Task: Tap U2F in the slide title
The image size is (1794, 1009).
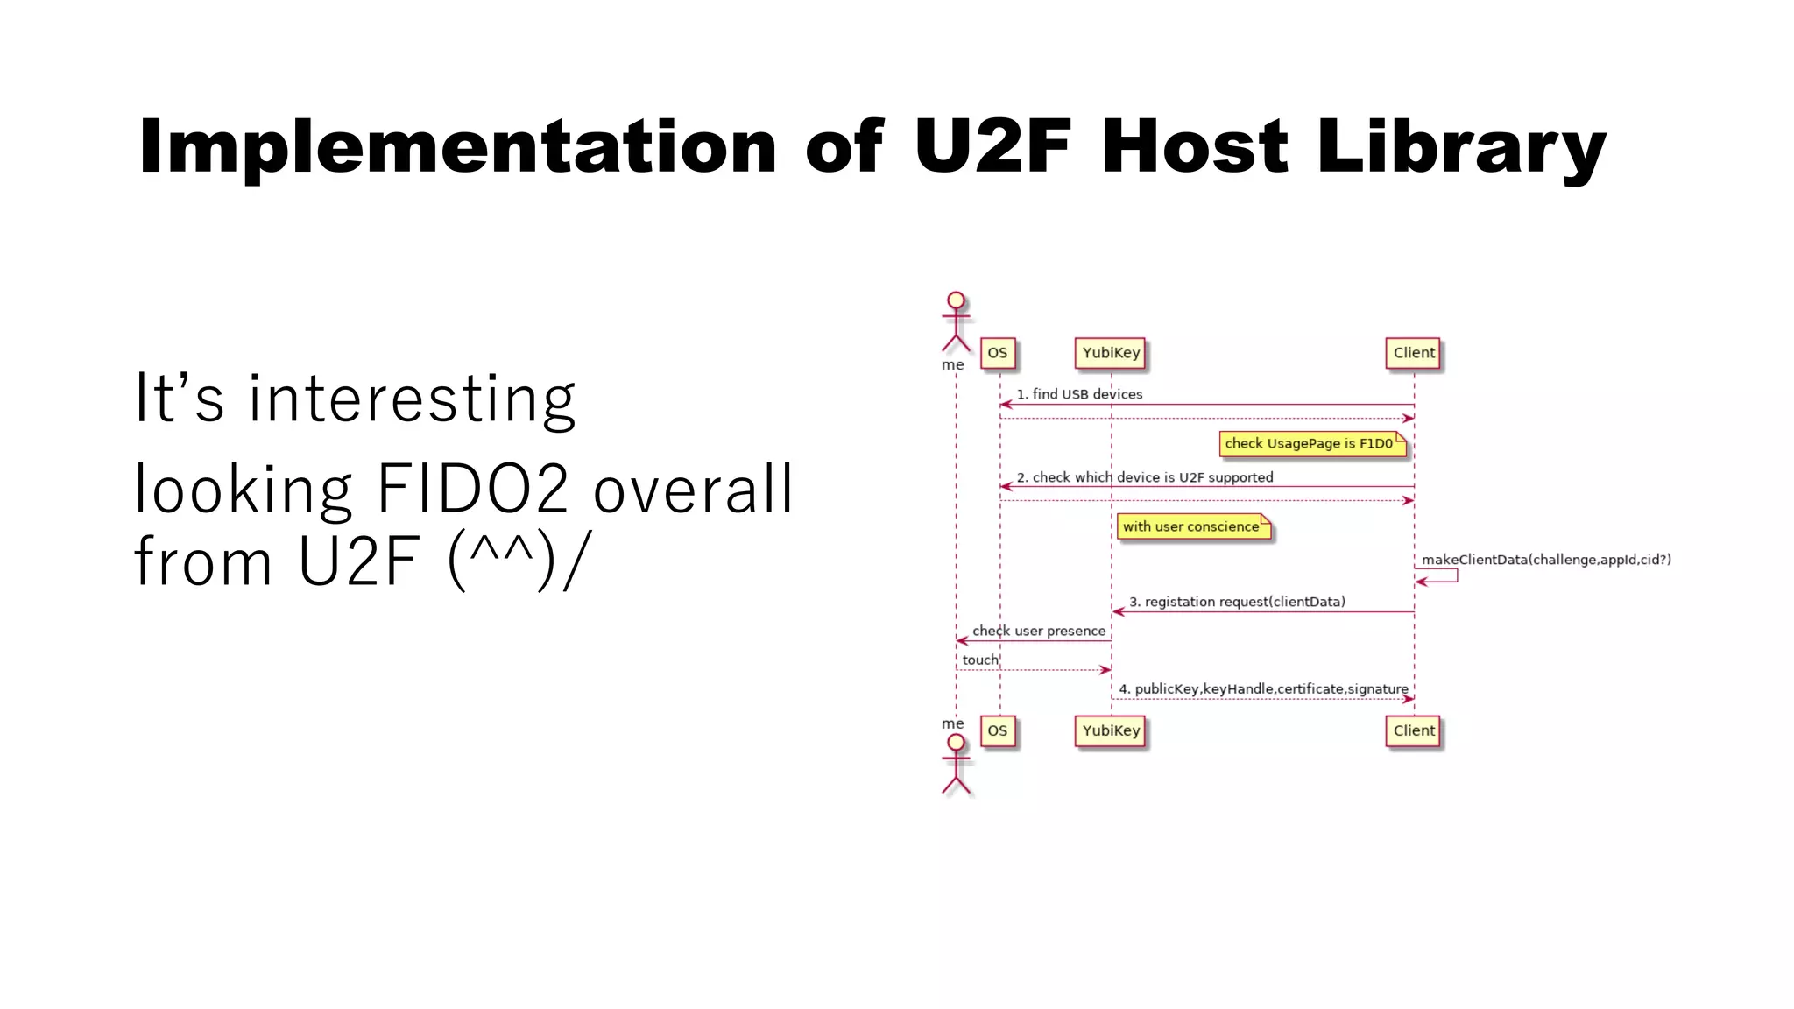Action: tap(992, 146)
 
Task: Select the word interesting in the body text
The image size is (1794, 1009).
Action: tap(412, 399)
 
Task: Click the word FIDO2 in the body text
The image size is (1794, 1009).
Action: tap(472, 489)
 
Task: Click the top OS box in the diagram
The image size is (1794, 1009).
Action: tap(997, 353)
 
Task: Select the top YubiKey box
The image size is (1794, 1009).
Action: tap(1110, 353)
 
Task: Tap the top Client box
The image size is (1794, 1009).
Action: tap(1413, 353)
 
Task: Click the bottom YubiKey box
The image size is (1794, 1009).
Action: tap(1110, 730)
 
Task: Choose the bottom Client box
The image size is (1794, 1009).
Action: tap(1413, 730)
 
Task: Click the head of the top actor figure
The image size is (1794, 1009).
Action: tap(956, 300)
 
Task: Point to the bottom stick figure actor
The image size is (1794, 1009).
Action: tap(956, 764)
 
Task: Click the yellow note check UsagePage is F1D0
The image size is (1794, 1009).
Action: tap(1311, 444)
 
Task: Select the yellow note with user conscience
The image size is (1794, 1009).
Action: tap(1192, 526)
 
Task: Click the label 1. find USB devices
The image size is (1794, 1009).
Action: tap(1079, 394)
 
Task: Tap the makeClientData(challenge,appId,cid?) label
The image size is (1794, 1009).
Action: tap(1545, 560)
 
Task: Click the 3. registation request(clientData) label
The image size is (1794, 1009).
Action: tap(1236, 602)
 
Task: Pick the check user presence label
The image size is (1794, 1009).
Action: tap(1038, 631)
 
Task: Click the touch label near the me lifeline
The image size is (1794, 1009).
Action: tap(979, 660)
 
